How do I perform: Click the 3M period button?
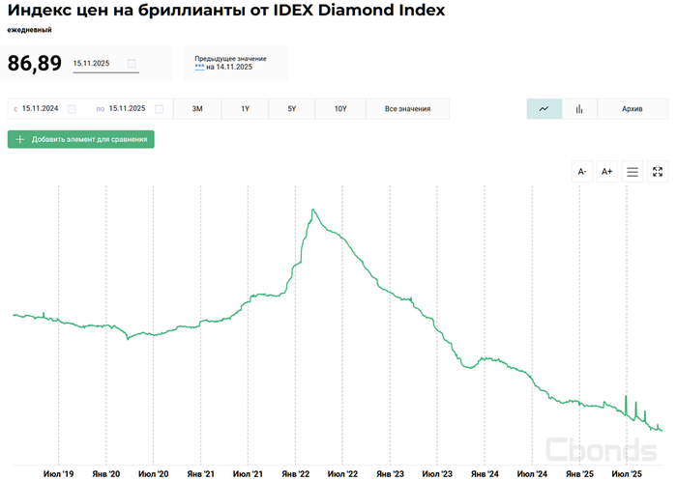coord(197,109)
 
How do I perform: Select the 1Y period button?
coord(245,109)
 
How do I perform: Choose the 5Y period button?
coord(292,109)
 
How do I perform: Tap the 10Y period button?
coord(340,109)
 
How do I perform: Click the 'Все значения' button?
coord(407,109)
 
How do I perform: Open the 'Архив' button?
coord(633,109)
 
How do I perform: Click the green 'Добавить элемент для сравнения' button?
coord(81,139)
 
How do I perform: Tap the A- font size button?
coord(582,172)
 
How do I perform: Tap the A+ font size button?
coord(607,172)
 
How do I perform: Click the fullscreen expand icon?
coord(658,172)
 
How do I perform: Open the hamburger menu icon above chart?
coord(633,172)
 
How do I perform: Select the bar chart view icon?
coord(579,109)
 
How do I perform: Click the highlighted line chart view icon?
coord(544,109)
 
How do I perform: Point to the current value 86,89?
coord(35,64)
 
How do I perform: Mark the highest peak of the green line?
coord(313,210)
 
